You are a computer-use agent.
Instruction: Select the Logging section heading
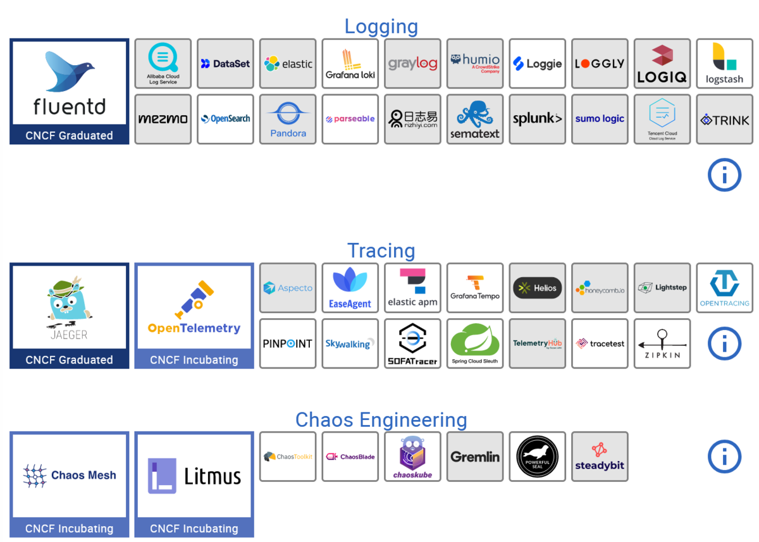[381, 27]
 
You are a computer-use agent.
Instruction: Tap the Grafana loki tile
[350, 63]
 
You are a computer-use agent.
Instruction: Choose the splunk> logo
[537, 119]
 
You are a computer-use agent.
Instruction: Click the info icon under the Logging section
[724, 175]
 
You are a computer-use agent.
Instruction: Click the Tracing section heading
[381, 250]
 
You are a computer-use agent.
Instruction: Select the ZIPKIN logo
[662, 343]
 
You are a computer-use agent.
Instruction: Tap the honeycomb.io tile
[600, 288]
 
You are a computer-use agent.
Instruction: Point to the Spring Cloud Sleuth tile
[474, 343]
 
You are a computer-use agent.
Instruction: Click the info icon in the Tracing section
[724, 343]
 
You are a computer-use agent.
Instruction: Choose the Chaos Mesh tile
[69, 476]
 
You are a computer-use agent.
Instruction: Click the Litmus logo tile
[194, 476]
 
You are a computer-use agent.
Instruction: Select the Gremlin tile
[474, 457]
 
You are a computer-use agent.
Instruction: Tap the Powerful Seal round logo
[537, 457]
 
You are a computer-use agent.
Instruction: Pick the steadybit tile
[600, 457]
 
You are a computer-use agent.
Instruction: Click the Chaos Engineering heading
[381, 420]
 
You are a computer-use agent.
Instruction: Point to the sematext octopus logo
[474, 119]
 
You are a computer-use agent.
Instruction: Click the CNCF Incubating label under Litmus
[194, 529]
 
